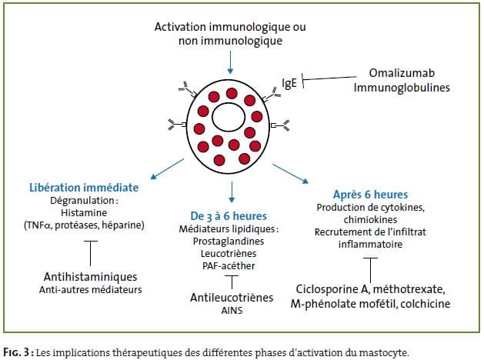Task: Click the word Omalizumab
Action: coord(402,73)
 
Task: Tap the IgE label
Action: coord(289,83)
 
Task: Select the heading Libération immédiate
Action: coord(84,188)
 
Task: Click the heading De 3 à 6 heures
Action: coord(229,216)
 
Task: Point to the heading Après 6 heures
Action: coord(370,195)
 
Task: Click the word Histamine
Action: coord(84,213)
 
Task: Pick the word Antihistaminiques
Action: coord(91,277)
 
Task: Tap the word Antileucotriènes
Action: coord(232,298)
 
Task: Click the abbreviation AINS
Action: coord(232,311)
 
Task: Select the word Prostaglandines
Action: coord(229,242)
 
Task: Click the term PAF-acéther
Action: coord(229,266)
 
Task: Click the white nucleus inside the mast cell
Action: coord(229,117)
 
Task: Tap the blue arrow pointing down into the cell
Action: coord(230,62)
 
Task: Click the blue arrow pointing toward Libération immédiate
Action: coord(167,169)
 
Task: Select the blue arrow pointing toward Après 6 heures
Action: coord(290,174)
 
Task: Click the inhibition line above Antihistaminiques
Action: coord(91,253)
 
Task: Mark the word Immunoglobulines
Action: coord(402,88)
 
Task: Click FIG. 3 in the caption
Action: coord(16,352)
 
